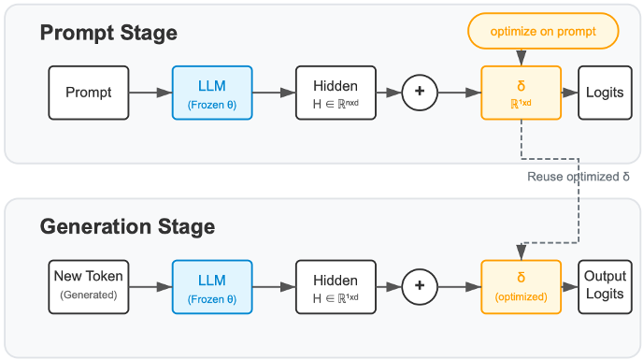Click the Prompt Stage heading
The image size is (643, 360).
[108, 34]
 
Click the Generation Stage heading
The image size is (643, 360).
[127, 227]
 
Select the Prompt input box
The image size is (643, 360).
[89, 93]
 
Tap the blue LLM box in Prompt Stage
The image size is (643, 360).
[212, 93]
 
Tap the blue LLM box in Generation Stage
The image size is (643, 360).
[212, 287]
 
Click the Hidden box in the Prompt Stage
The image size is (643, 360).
[336, 93]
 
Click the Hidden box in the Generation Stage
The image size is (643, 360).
[336, 287]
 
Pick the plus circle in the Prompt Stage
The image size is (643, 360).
[420, 92]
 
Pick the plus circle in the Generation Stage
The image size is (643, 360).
[420, 286]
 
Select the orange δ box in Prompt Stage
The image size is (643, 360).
[521, 93]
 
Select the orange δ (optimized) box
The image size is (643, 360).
[521, 287]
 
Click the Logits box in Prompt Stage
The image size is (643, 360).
[605, 93]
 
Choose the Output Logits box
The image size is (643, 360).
[605, 287]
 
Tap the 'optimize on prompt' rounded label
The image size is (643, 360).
[542, 32]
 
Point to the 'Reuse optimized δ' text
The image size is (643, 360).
[578, 177]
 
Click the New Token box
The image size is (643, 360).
[89, 287]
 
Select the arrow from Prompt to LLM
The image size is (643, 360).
[150, 93]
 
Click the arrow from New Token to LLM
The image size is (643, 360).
[150, 287]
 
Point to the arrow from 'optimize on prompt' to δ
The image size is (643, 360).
[522, 57]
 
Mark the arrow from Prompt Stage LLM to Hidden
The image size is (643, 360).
[274, 93]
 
